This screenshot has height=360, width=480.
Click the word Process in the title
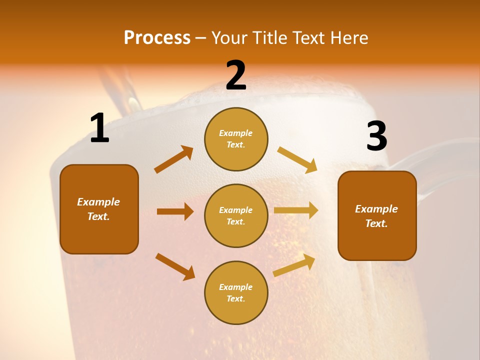(157, 38)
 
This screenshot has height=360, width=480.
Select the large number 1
(99, 128)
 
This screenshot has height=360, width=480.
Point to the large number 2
(236, 75)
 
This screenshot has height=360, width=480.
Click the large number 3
(376, 136)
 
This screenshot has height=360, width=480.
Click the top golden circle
(236, 139)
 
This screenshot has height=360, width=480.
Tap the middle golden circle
(236, 215)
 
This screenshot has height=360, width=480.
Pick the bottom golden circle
(236, 292)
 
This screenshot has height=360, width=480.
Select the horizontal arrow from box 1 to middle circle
(175, 211)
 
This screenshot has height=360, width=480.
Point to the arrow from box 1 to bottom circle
(175, 266)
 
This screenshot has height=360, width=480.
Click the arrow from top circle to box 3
(297, 159)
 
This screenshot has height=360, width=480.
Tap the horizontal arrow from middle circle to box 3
(296, 210)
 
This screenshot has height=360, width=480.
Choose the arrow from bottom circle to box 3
(294, 265)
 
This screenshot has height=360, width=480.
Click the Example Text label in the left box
(98, 209)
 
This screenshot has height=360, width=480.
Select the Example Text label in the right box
(376, 216)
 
